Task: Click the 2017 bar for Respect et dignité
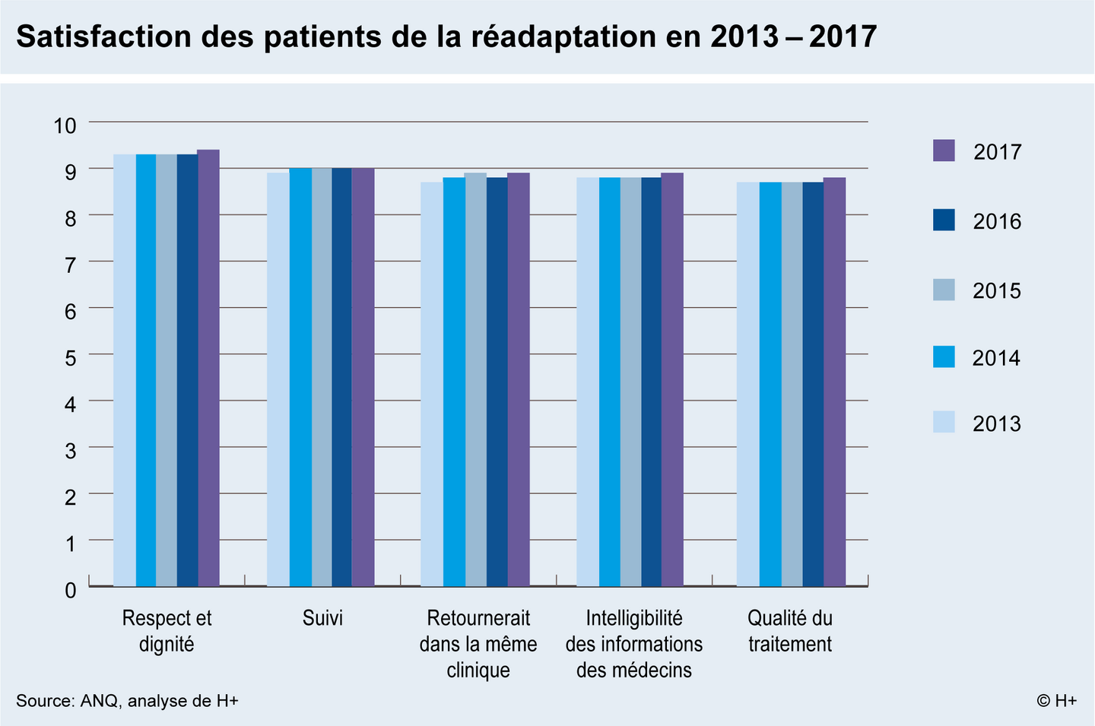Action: (x=208, y=368)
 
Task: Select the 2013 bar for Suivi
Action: (x=278, y=379)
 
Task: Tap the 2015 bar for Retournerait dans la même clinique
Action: (x=476, y=379)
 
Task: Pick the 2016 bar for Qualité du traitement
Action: (x=813, y=384)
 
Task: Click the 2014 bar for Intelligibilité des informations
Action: (x=610, y=382)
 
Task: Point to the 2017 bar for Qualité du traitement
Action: (x=834, y=382)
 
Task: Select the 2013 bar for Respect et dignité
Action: (x=125, y=370)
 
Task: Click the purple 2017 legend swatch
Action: (x=944, y=151)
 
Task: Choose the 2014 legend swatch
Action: (x=944, y=357)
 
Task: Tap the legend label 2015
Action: (x=997, y=291)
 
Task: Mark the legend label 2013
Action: (x=997, y=423)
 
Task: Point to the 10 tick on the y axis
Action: (x=65, y=126)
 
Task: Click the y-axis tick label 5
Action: (x=71, y=359)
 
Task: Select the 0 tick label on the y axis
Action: (x=71, y=591)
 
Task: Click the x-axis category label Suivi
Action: (x=322, y=618)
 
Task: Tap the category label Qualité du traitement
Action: (x=790, y=631)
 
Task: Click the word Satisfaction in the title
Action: (x=103, y=36)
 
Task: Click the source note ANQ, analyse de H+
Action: (x=160, y=701)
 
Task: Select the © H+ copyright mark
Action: (x=1056, y=701)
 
